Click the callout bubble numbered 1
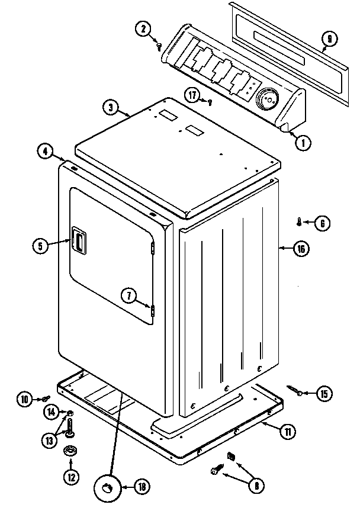pyautogui.click(x=303, y=142)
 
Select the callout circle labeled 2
pyautogui.click(x=143, y=28)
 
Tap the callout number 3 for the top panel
pyautogui.click(x=110, y=108)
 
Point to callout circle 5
pyautogui.click(x=40, y=245)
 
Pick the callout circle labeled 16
pyautogui.click(x=301, y=249)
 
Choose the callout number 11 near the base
pyautogui.click(x=287, y=432)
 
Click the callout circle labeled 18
pyautogui.click(x=142, y=487)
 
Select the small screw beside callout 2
pyautogui.click(x=160, y=46)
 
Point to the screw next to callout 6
pyautogui.click(x=299, y=222)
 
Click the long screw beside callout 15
pyautogui.click(x=295, y=390)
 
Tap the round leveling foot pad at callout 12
pyautogui.click(x=70, y=451)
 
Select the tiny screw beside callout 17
pyautogui.click(x=210, y=102)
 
